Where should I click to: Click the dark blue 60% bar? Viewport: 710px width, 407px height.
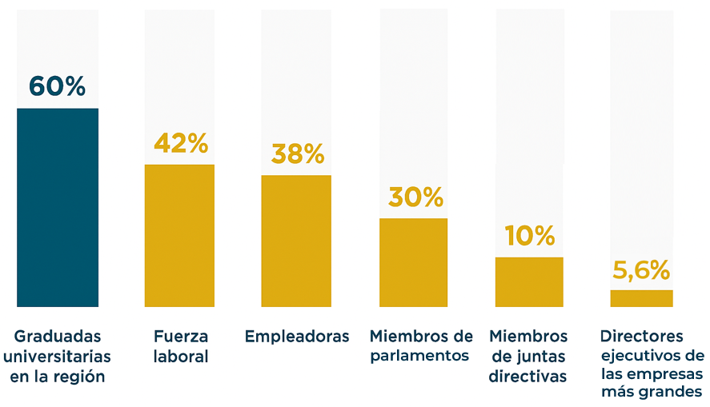point(58,207)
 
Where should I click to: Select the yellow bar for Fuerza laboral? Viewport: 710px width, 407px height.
point(179,235)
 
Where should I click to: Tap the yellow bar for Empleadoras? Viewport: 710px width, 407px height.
point(296,240)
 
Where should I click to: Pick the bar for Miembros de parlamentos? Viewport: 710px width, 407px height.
point(413,261)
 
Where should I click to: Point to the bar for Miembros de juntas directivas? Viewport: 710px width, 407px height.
point(529,281)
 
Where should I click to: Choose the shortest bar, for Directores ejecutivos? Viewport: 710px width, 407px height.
point(641,298)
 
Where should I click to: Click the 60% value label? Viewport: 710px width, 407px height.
point(58,86)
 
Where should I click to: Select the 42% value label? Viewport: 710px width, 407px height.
point(180,144)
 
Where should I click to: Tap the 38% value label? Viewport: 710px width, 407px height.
point(297,154)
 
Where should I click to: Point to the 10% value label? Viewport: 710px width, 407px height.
point(529,236)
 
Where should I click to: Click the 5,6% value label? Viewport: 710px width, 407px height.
point(641,270)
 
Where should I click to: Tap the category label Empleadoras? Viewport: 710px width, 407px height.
point(297,337)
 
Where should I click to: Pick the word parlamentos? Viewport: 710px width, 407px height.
point(419,356)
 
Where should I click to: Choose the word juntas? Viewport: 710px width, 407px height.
point(543,356)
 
